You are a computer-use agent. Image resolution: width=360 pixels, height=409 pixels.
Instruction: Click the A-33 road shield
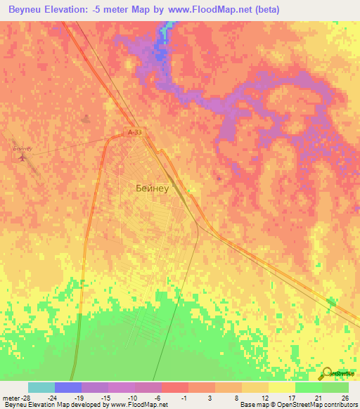[135, 131]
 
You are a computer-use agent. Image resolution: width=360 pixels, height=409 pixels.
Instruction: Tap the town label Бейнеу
[150, 188]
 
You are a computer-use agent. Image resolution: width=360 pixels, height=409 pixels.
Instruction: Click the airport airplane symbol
[22, 157]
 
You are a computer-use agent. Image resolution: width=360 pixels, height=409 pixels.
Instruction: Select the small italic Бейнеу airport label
[23, 148]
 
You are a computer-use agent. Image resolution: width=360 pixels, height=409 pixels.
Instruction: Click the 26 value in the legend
[345, 397]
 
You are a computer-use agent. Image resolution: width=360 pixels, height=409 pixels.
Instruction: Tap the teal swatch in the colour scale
[41, 387]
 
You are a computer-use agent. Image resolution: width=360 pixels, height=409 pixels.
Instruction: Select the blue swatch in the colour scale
[68, 387]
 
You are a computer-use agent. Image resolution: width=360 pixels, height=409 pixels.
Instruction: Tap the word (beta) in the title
[262, 10]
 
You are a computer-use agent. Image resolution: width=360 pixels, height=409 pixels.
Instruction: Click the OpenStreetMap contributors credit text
[317, 405]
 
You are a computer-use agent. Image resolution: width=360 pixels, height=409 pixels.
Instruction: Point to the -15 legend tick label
[105, 397]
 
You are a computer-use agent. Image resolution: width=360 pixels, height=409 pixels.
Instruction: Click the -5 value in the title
[117, 10]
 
